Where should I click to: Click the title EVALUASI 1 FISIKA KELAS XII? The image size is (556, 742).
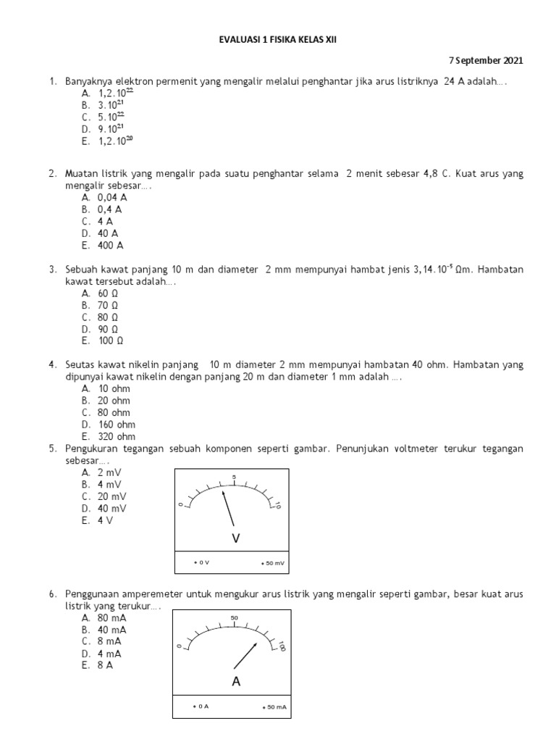(x=278, y=42)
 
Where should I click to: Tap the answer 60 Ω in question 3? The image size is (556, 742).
(x=101, y=293)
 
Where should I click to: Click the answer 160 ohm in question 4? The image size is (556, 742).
(x=108, y=425)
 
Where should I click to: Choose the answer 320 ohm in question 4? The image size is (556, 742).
(x=108, y=436)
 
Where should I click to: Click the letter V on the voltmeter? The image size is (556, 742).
(x=235, y=538)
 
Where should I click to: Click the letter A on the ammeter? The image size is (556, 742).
(x=235, y=681)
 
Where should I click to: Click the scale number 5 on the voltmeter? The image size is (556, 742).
(x=234, y=476)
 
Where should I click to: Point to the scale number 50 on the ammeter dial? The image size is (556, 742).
(x=234, y=618)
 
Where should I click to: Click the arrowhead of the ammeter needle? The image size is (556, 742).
(x=256, y=644)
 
